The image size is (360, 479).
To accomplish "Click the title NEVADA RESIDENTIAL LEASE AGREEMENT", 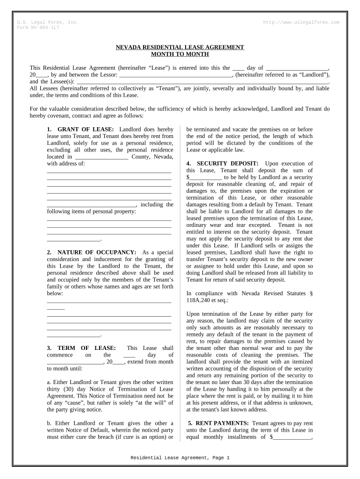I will [180, 47].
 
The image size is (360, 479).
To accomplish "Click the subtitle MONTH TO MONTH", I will [180, 54].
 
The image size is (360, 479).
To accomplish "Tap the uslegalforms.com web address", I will [302, 22].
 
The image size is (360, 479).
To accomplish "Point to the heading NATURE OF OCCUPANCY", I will [97, 253].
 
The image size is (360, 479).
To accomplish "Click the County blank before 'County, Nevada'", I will [101, 157].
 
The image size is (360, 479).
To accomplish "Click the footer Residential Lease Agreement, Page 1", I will [180, 458].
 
